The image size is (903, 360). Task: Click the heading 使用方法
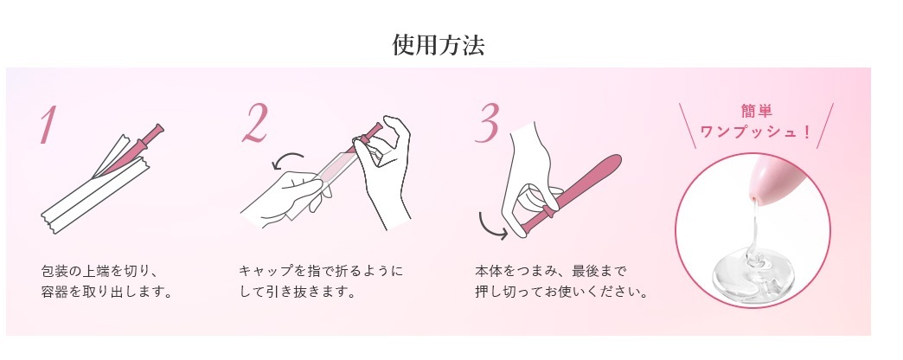438,45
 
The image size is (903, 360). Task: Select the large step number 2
256,123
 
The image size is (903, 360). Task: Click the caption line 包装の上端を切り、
99,271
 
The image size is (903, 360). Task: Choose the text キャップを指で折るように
321,271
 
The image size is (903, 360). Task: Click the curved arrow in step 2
287,160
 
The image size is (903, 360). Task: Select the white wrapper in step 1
95,191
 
